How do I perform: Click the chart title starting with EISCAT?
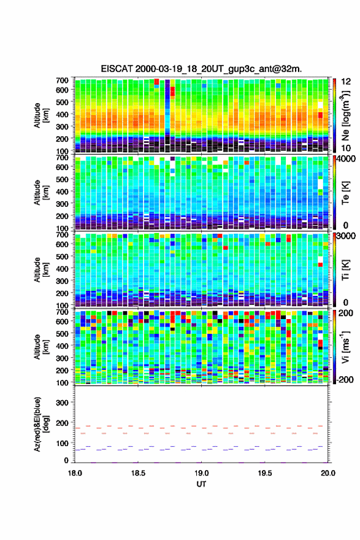click(201, 69)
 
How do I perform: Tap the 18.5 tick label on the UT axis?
click(138, 473)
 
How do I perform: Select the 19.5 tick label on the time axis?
click(265, 473)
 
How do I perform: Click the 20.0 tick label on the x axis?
click(328, 473)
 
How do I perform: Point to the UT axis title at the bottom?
click(201, 484)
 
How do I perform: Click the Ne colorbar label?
click(346, 115)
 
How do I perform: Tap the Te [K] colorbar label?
click(346, 193)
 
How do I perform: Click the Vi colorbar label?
click(346, 347)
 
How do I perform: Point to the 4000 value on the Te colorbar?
click(346, 159)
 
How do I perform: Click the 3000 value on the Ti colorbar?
click(346, 236)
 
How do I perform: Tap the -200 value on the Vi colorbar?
click(344, 379)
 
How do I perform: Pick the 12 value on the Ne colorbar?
click(346, 82)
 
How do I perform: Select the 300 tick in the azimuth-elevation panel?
click(62, 403)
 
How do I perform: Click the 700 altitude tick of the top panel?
click(62, 80)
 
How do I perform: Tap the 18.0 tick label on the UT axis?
click(75, 473)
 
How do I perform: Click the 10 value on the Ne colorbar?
click(346, 148)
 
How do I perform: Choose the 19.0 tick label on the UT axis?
click(201, 473)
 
